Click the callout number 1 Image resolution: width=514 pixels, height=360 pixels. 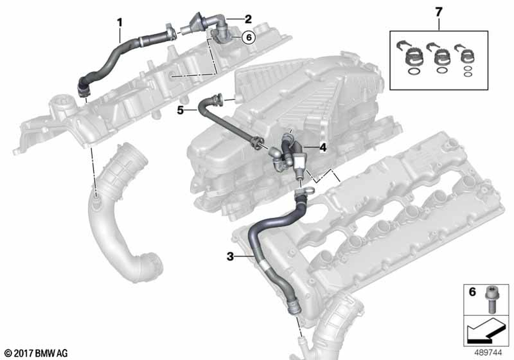(x=120, y=23)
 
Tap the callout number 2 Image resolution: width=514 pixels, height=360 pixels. (x=248, y=19)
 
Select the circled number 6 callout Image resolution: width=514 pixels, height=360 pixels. (x=249, y=38)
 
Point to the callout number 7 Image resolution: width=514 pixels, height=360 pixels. (x=438, y=12)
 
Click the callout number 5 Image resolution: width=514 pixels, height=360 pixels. (x=180, y=111)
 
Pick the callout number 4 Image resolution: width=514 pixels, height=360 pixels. (x=323, y=148)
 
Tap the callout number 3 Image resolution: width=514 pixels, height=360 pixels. (x=230, y=257)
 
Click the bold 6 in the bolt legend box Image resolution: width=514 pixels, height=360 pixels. (x=472, y=292)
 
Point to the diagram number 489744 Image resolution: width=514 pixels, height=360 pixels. (x=488, y=352)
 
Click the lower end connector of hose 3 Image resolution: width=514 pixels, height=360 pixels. (x=294, y=308)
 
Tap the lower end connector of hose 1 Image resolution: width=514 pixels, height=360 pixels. (x=83, y=89)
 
